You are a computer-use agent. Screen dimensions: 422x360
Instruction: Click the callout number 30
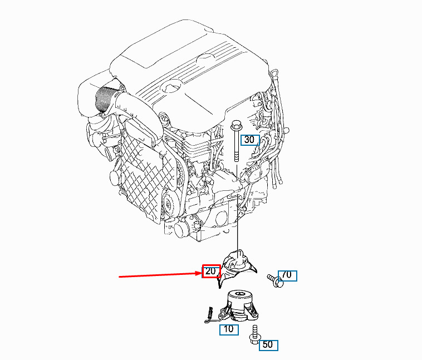click(250, 139)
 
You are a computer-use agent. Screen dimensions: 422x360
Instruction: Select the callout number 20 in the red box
click(211, 272)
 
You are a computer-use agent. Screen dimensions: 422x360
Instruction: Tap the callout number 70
click(288, 275)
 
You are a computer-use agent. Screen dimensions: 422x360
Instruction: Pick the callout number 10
click(228, 329)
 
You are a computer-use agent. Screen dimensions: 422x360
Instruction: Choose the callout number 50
click(268, 344)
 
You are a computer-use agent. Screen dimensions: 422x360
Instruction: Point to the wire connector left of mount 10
click(210, 315)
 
